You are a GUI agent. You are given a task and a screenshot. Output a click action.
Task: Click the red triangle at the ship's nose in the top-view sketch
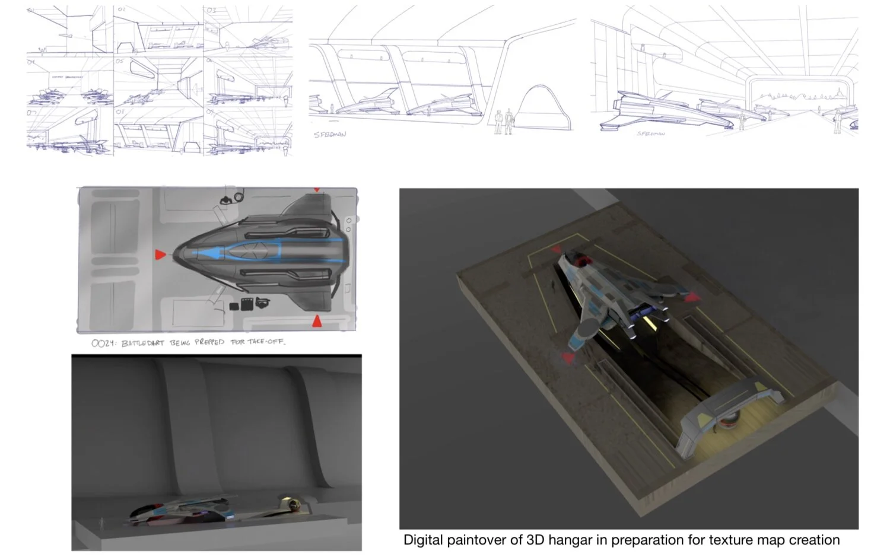[x=160, y=255]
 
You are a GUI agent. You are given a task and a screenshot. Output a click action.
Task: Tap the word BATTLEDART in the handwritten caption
[x=142, y=343]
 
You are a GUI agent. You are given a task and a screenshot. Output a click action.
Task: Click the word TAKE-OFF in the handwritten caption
[x=265, y=342]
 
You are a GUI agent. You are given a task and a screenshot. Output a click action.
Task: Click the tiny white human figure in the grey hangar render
[x=101, y=523]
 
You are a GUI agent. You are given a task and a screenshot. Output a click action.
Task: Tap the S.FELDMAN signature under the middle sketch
[x=329, y=135]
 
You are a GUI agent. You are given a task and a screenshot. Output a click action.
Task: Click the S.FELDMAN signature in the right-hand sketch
[x=650, y=134]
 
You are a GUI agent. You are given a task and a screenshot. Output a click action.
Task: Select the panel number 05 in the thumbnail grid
[x=120, y=61]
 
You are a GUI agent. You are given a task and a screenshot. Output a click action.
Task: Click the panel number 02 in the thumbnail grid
[x=122, y=9]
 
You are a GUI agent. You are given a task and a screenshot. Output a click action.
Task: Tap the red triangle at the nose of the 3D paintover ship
[x=568, y=357]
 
